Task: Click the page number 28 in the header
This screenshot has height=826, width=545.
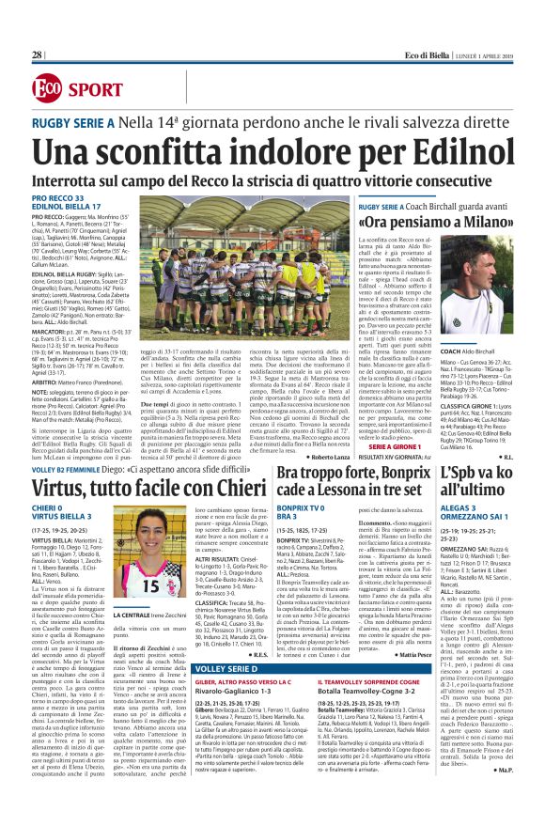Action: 37,55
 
